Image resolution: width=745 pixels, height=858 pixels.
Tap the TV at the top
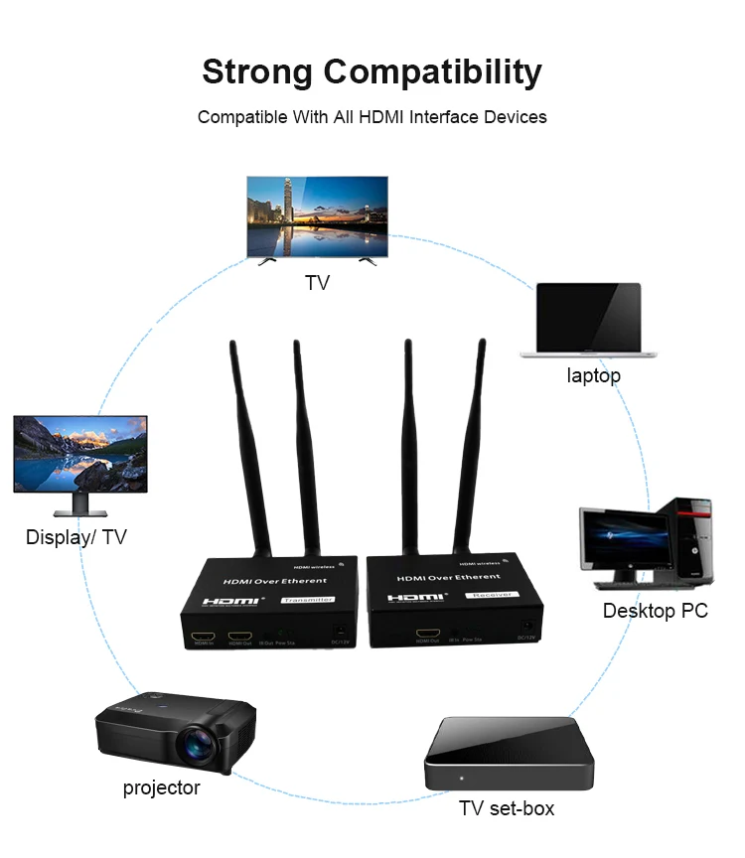[317, 216]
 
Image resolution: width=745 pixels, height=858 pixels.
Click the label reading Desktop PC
[656, 611]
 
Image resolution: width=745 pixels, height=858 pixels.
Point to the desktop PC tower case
[693, 540]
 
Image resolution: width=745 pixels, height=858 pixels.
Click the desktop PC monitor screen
[622, 537]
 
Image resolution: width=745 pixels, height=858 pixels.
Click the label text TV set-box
[507, 808]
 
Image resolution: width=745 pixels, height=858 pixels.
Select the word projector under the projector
[161, 788]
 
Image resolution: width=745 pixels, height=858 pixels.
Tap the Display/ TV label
[76, 538]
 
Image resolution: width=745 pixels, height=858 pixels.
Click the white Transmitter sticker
[307, 600]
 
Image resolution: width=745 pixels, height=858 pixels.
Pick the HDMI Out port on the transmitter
[239, 636]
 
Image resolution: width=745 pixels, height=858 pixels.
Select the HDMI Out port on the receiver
[428, 633]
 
